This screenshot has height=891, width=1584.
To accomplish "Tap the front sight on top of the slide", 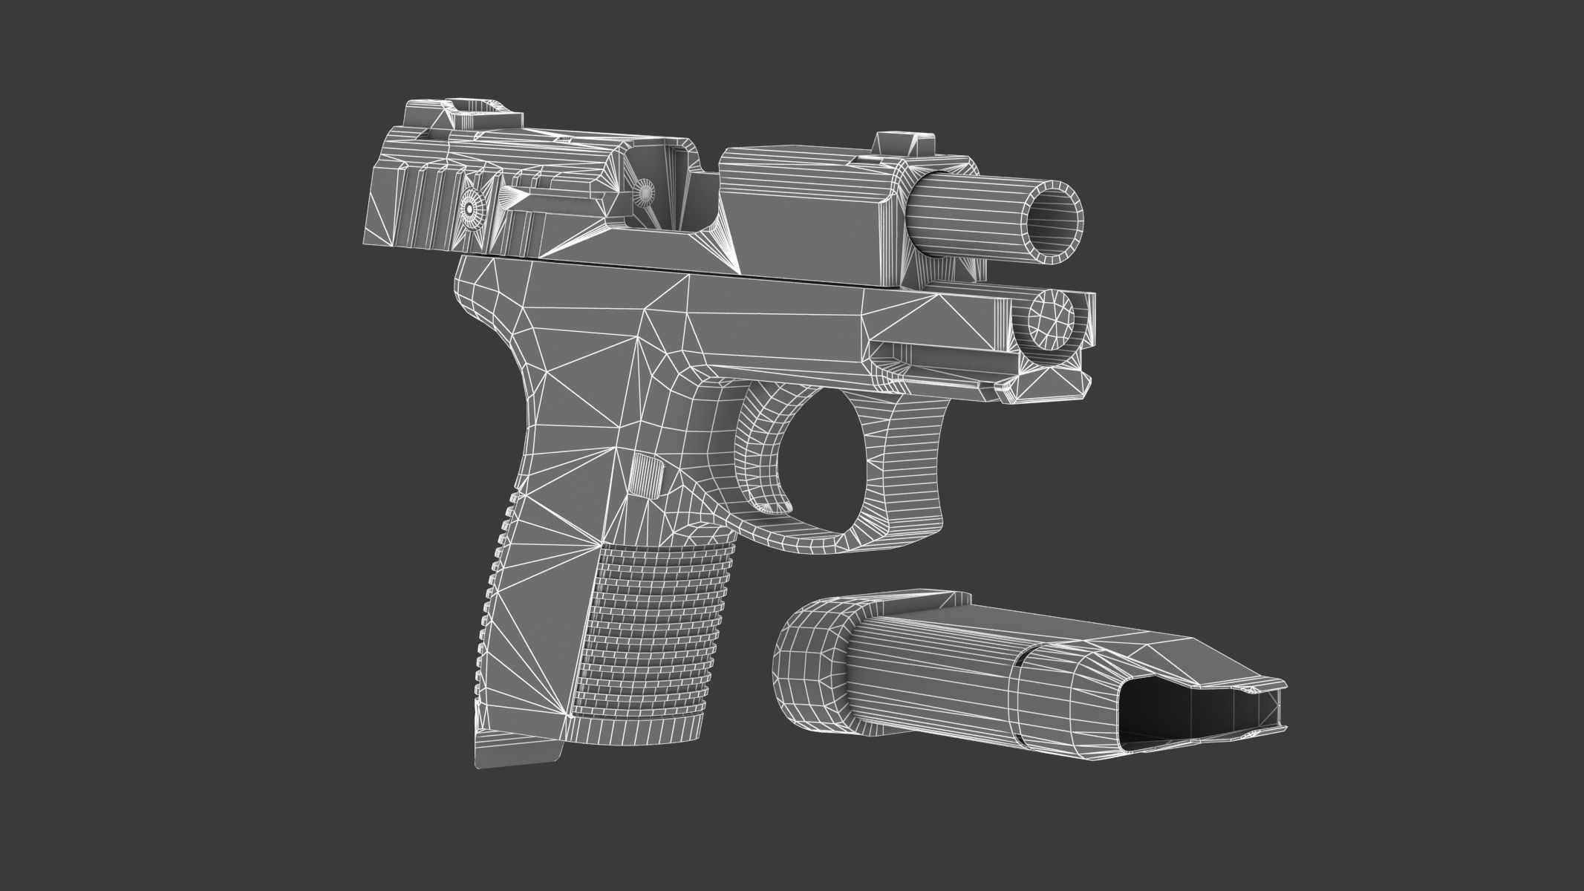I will pos(903,144).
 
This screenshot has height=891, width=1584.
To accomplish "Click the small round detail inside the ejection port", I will pos(645,192).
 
